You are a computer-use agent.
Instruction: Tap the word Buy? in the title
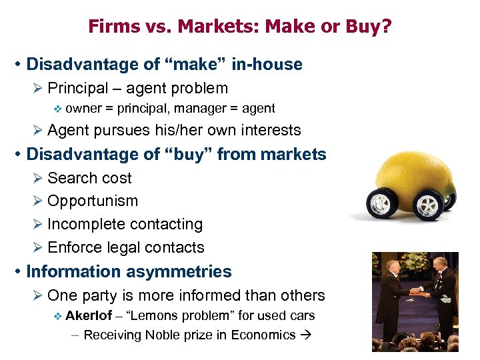tap(373, 27)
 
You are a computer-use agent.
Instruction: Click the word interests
tap(267, 131)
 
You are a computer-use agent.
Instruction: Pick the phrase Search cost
tap(89, 178)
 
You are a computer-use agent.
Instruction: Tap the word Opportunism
tap(93, 201)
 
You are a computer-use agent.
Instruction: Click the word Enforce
tap(73, 247)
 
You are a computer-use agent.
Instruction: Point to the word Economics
tap(263, 335)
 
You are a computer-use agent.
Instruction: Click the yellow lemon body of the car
tap(413, 163)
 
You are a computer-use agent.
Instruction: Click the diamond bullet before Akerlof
tap(57, 315)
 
